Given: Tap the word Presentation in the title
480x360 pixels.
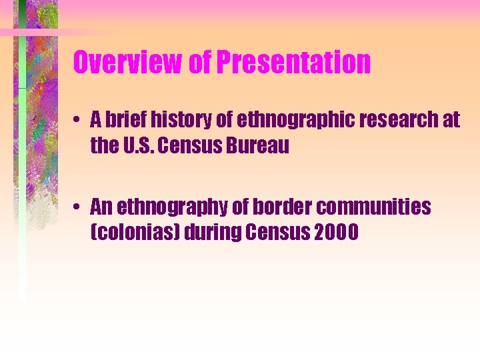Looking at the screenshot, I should click(x=294, y=63).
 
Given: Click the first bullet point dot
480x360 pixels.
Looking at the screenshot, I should click(x=78, y=121).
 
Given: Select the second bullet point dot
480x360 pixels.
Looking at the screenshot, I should click(x=78, y=208).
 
